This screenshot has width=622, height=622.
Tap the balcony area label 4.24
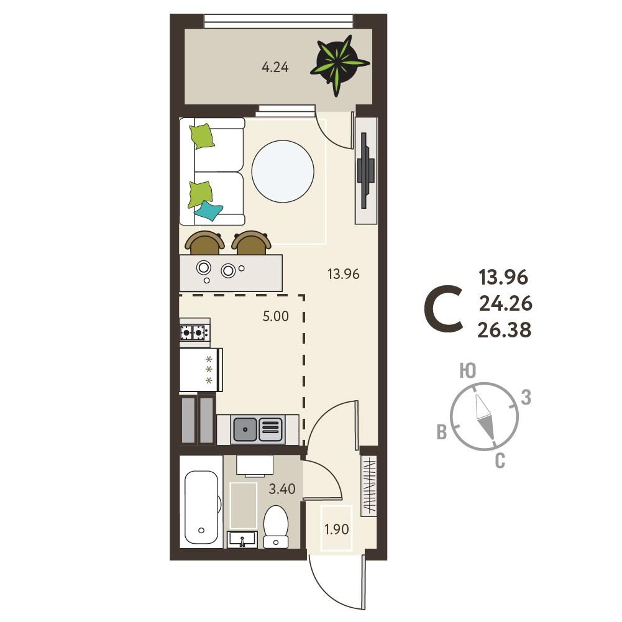(x=275, y=67)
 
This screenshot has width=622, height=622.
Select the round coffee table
(x=283, y=172)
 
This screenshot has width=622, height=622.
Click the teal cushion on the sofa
(x=208, y=210)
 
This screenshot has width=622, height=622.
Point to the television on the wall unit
(x=365, y=171)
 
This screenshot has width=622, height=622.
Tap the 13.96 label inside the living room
(x=344, y=273)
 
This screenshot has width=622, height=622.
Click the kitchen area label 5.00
(x=276, y=316)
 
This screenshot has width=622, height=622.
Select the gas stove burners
(x=194, y=332)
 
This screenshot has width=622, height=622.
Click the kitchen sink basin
(x=245, y=429)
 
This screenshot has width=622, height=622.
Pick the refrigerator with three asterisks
(x=201, y=370)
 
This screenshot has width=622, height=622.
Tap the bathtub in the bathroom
(x=201, y=508)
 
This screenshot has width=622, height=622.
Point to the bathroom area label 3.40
(x=282, y=488)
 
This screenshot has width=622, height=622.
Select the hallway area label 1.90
(x=336, y=529)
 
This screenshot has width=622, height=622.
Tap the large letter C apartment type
(x=444, y=309)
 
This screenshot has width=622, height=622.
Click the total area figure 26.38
(x=504, y=330)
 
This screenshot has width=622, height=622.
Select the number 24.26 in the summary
(x=506, y=303)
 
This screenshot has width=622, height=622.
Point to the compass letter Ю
(x=468, y=371)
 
